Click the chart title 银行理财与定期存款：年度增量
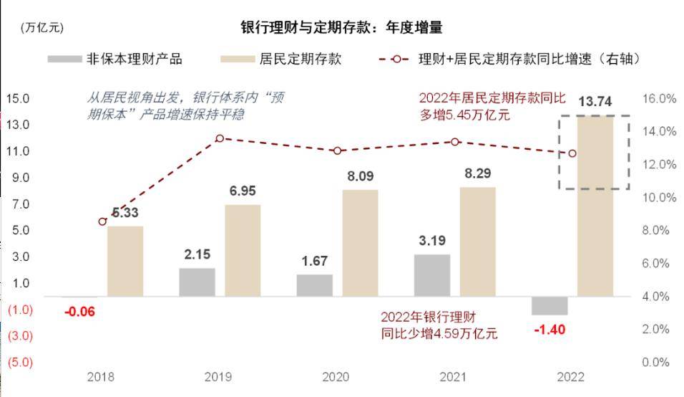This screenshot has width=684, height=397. point(341,28)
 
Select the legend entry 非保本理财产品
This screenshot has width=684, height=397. point(114,59)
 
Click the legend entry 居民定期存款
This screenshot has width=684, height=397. point(283,59)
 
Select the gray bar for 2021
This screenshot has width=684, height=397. point(433,275)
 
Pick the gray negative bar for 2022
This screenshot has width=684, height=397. point(549,306)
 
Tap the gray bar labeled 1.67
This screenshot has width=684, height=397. point(315,285)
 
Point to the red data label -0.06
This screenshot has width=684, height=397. point(79,312)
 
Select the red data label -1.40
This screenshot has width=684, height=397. point(549,330)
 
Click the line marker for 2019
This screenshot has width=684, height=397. point(220,138)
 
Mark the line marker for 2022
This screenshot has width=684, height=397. point(572,153)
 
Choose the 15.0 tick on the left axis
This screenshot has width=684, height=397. point(19,98)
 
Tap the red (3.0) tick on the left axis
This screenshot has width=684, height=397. point(20,336)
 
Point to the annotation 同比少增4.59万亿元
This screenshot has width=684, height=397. point(439,333)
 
